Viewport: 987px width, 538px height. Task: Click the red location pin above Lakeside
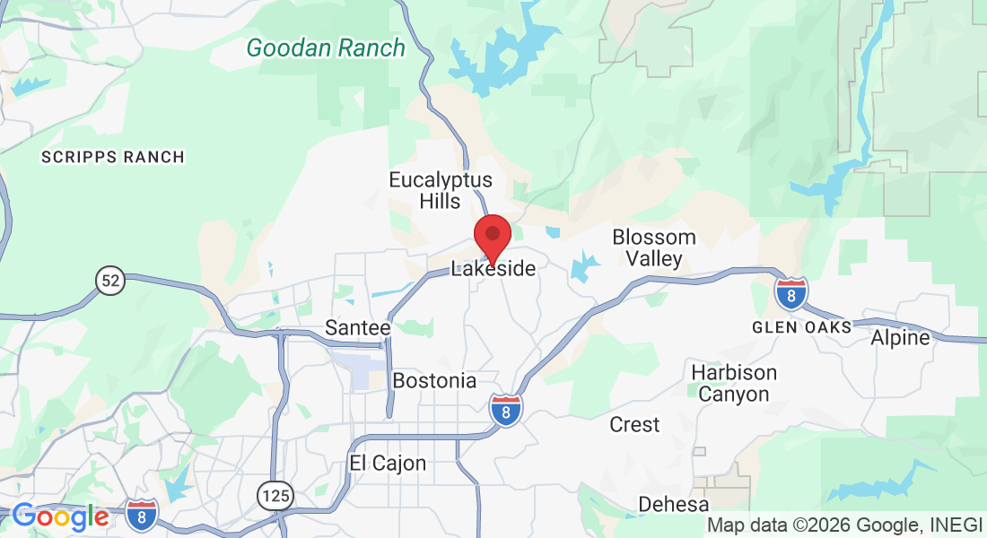(x=493, y=236)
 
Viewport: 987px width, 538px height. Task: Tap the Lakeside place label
(x=493, y=268)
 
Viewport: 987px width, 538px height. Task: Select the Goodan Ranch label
(x=327, y=48)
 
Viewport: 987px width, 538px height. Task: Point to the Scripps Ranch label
(x=113, y=157)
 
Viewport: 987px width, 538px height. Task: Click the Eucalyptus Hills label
(x=441, y=190)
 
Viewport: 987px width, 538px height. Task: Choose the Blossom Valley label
(x=654, y=248)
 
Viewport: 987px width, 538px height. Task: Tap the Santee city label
(x=358, y=327)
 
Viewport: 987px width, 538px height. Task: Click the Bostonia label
(x=434, y=380)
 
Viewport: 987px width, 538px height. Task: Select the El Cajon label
(x=388, y=464)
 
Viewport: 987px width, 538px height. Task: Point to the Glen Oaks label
(x=802, y=327)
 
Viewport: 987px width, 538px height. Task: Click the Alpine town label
(x=900, y=338)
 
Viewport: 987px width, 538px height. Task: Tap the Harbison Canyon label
(x=734, y=383)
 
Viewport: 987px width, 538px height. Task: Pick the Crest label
(x=634, y=424)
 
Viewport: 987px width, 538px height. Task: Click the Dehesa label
(x=674, y=505)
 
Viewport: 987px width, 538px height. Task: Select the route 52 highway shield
(x=109, y=282)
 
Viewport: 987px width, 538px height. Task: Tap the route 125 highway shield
(x=273, y=494)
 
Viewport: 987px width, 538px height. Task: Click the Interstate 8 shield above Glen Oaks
(x=790, y=293)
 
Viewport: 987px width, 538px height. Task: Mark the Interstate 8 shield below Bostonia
(x=507, y=411)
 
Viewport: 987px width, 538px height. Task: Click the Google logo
(x=60, y=516)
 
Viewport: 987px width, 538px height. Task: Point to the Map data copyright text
(x=843, y=525)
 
